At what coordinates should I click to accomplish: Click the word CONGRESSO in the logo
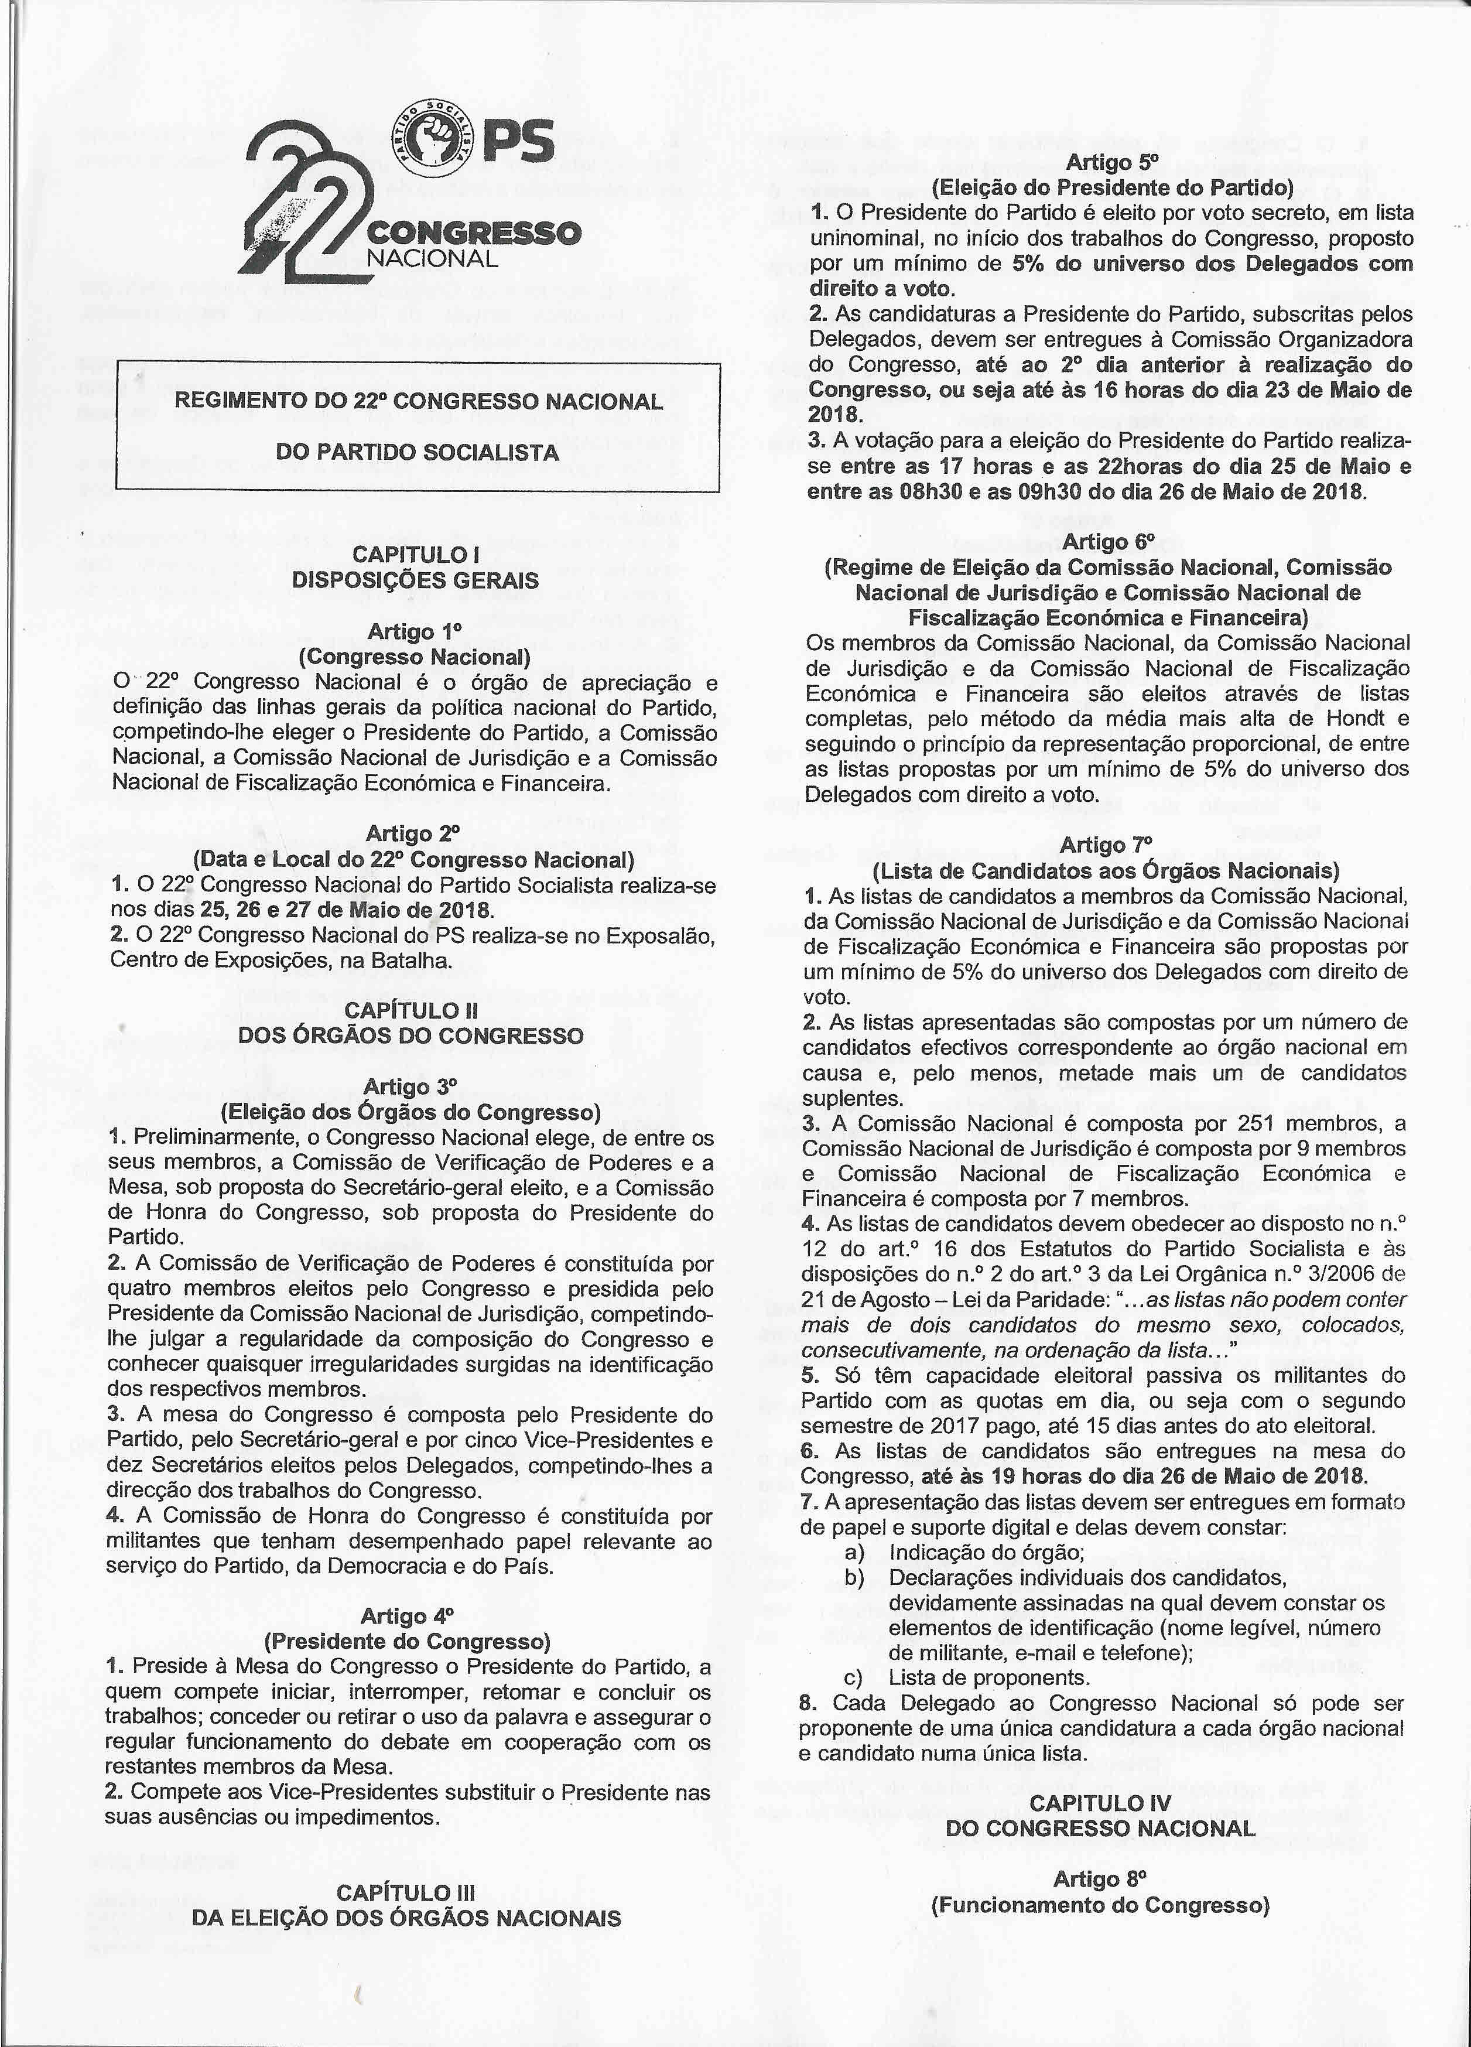(473, 234)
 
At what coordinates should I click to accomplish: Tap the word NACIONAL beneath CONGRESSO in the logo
(432, 259)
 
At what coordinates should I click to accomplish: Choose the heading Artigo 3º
(412, 1086)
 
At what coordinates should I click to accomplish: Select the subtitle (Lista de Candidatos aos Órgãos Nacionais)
(1106, 871)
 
